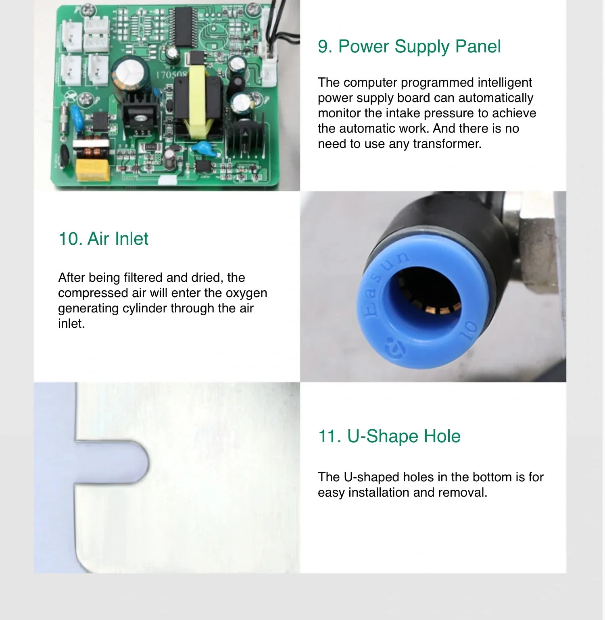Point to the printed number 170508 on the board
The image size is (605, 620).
click(x=171, y=75)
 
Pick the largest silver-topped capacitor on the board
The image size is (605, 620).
click(x=128, y=75)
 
